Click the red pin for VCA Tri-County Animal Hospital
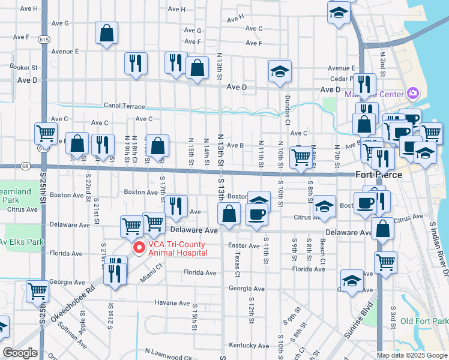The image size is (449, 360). [x=139, y=247]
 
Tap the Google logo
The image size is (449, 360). [x=20, y=353]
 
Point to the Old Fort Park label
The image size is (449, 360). [x=424, y=322]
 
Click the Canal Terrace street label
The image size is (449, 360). [x=124, y=106]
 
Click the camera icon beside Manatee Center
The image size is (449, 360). [x=412, y=93]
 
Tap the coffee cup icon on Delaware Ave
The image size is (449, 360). [x=256, y=215]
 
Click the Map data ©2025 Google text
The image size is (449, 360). [x=411, y=355]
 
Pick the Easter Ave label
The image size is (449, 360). [x=244, y=245]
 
